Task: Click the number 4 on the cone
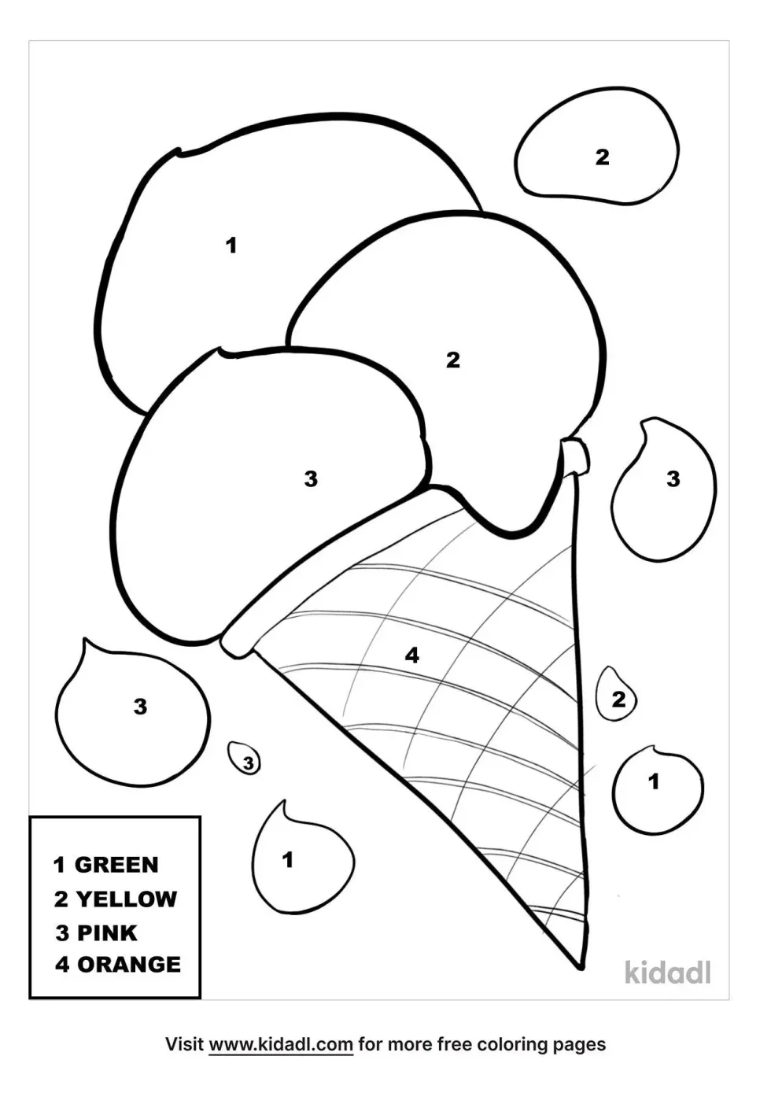[x=411, y=655]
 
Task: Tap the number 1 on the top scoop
[x=231, y=246]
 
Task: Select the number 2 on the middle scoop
[x=452, y=360]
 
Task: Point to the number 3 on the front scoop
[x=311, y=478]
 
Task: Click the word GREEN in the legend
[x=116, y=865]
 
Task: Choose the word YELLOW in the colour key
[x=127, y=899]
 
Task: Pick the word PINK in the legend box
[x=107, y=932]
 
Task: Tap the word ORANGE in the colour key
[x=129, y=964]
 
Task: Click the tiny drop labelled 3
[x=245, y=759]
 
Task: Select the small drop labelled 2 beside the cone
[x=617, y=696]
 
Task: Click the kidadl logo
[x=668, y=973]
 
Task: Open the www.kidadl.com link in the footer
[x=281, y=1044]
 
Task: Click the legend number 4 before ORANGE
[x=62, y=964]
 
